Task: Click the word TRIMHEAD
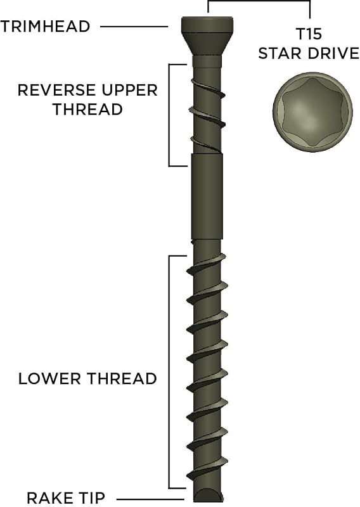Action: (45, 27)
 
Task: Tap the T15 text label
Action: (309, 34)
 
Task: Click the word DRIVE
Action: (334, 53)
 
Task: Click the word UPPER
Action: (129, 90)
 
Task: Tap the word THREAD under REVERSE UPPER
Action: (87, 109)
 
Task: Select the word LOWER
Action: (49, 378)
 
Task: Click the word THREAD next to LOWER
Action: (122, 378)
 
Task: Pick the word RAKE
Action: (50, 497)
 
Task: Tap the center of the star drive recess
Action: (312, 113)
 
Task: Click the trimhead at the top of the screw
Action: (207, 35)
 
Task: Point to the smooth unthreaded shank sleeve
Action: (207, 196)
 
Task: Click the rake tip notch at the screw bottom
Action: (207, 495)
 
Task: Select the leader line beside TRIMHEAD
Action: (134, 27)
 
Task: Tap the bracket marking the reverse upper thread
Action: (169, 115)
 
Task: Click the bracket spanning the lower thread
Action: (169, 372)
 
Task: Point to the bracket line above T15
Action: (259, 1)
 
